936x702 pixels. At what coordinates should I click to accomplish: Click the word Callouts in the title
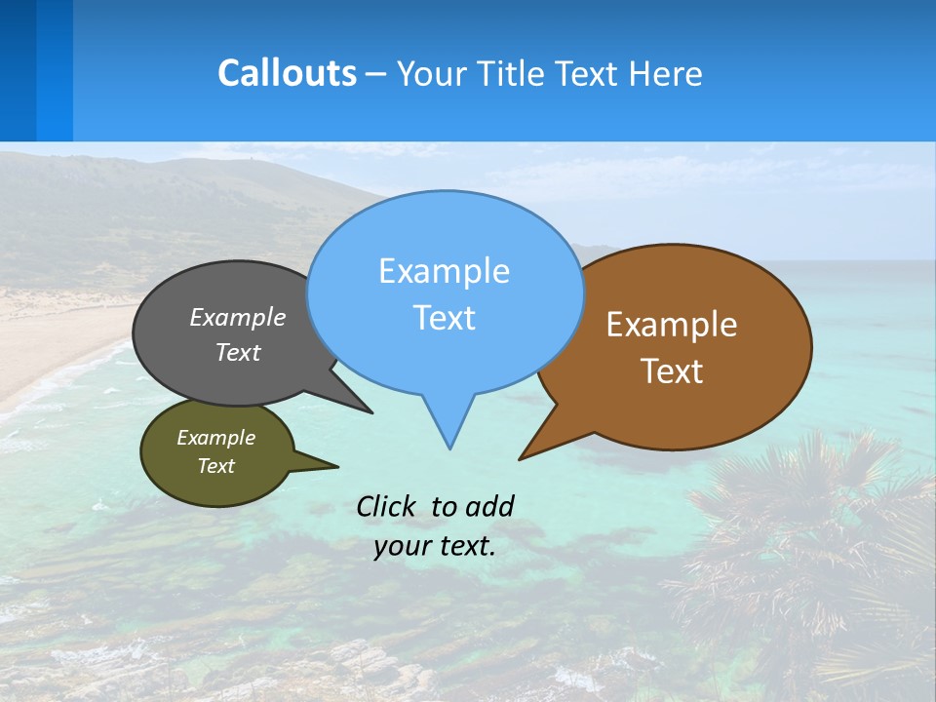click(x=287, y=73)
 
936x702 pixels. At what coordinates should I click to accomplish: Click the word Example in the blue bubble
click(x=444, y=271)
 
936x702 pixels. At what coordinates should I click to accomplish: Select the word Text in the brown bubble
click(x=672, y=371)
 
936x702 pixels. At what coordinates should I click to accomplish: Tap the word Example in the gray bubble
click(x=238, y=317)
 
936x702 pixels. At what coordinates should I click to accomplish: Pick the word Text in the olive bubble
click(x=216, y=466)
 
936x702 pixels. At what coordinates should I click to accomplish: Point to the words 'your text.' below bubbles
click(x=435, y=546)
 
